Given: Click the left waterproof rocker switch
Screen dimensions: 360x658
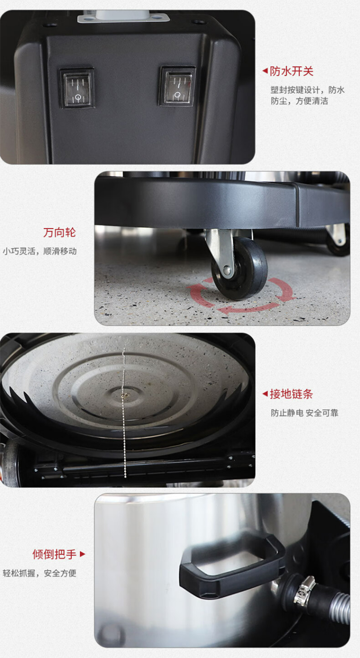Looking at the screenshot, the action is pyautogui.click(x=77, y=88).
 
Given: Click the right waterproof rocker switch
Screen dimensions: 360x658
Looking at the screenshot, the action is pyautogui.click(x=178, y=86).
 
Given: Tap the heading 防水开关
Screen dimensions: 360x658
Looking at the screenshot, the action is pyautogui.click(x=292, y=71).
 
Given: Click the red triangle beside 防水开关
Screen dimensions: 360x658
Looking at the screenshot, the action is pyautogui.click(x=265, y=71).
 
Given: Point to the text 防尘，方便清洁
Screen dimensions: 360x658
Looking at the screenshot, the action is pyautogui.click(x=299, y=101).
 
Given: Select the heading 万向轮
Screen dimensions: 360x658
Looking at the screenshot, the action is pyautogui.click(x=59, y=232).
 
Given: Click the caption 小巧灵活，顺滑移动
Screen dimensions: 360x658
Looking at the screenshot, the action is pyautogui.click(x=40, y=251).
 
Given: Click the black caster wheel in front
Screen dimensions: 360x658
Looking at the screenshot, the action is pyautogui.click(x=240, y=268).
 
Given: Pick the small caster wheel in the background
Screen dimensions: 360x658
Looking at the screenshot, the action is pyautogui.click(x=339, y=242).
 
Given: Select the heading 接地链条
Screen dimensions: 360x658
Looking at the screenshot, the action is pyautogui.click(x=291, y=394).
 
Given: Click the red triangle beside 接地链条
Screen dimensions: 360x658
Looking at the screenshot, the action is pyautogui.click(x=265, y=394).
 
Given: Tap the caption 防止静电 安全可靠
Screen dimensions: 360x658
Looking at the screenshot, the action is pyautogui.click(x=304, y=413).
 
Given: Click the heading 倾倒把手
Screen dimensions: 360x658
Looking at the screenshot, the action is pyautogui.click(x=54, y=554).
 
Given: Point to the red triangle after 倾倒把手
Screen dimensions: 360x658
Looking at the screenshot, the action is pyautogui.click(x=82, y=554).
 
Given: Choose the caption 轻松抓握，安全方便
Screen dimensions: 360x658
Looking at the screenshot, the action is pyautogui.click(x=39, y=573).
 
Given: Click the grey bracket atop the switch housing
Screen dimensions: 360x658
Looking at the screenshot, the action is pyautogui.click(x=123, y=16).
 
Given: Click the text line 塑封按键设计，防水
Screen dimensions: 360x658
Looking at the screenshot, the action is pyautogui.click(x=308, y=90).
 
